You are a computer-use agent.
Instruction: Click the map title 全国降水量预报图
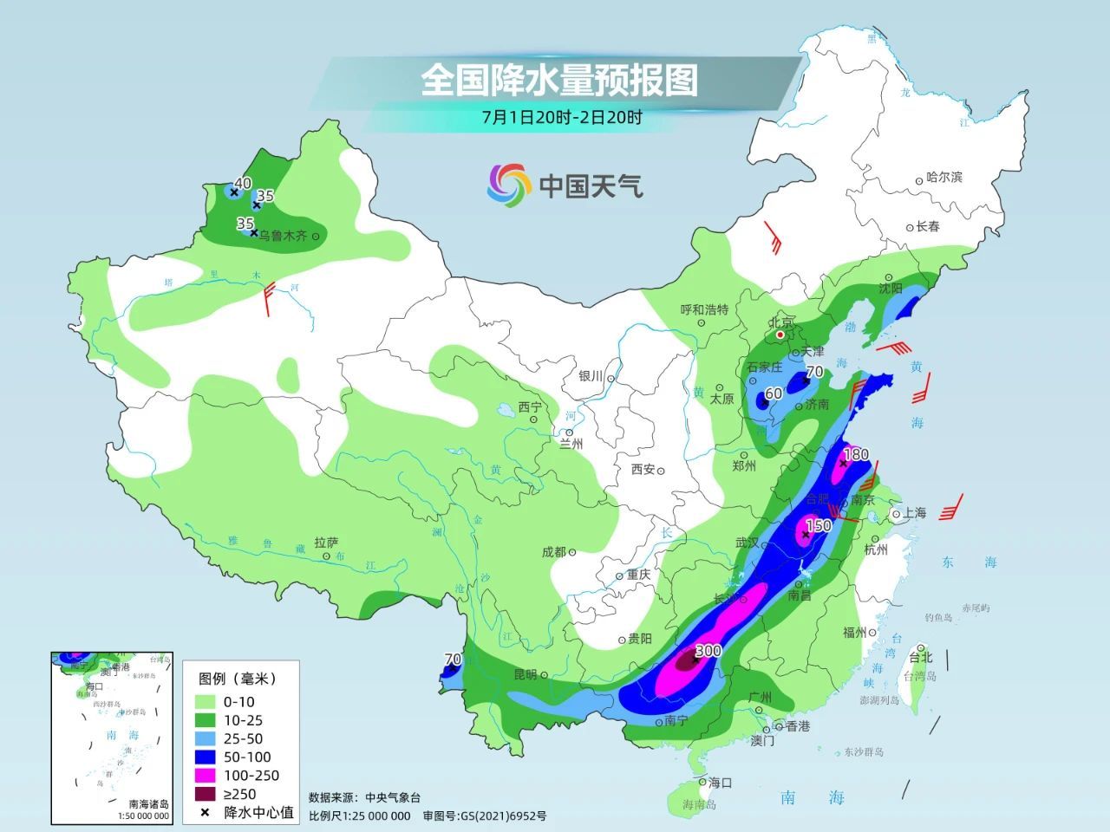[x=559, y=81]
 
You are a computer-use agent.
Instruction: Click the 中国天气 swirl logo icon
[x=508, y=185]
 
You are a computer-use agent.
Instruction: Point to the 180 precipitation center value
[x=856, y=454]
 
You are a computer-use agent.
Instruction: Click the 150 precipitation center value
[x=819, y=525]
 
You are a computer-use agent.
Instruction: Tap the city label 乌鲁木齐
[x=283, y=236]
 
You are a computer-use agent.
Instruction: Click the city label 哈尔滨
[x=944, y=177]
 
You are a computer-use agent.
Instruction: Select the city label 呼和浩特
[x=704, y=309]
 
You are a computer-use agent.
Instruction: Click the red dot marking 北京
[x=780, y=335]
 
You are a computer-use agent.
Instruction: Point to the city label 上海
[x=914, y=513]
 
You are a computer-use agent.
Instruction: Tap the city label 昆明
[x=526, y=674]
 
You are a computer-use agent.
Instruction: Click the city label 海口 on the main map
[x=720, y=782]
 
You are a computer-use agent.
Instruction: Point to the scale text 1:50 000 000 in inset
[x=143, y=816]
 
